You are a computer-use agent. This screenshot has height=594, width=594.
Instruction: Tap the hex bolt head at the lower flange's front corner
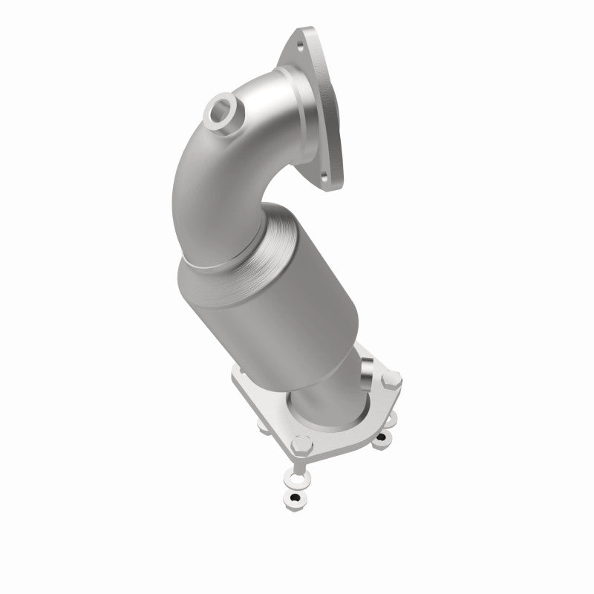click(x=301, y=446)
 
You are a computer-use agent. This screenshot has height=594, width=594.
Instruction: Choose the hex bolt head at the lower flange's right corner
click(x=394, y=379)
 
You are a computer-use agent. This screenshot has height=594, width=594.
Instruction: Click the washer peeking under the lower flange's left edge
click(x=264, y=426)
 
